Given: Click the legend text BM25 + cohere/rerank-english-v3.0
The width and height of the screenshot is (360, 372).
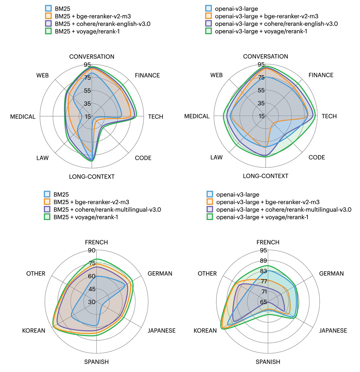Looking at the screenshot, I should [x=102, y=24].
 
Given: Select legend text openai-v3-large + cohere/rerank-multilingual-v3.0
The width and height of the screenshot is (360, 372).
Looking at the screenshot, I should [x=284, y=210].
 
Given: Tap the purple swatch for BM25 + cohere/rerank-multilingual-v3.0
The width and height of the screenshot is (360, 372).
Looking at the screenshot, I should [x=47, y=210].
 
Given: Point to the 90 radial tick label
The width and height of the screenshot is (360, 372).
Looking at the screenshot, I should [x=92, y=250].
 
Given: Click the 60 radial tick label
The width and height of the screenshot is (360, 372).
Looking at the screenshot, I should [x=92, y=276].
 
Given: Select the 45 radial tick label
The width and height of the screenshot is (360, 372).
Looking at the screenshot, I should [x=92, y=289].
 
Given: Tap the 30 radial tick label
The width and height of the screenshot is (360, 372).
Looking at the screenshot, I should [x=92, y=302].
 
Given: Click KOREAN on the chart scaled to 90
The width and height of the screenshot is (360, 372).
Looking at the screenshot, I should [x=34, y=330].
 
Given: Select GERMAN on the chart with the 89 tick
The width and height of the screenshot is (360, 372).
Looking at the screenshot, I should [x=332, y=273].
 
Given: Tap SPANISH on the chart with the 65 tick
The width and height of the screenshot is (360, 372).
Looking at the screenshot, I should [x=268, y=362].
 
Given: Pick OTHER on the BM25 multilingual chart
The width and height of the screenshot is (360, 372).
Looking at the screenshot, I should [x=36, y=273].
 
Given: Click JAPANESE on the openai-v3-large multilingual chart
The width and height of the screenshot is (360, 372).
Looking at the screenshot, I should [x=333, y=330].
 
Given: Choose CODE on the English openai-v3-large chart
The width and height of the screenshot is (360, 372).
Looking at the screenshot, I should [x=317, y=157].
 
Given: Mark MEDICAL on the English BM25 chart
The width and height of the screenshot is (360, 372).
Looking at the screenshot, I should [x=23, y=117].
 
